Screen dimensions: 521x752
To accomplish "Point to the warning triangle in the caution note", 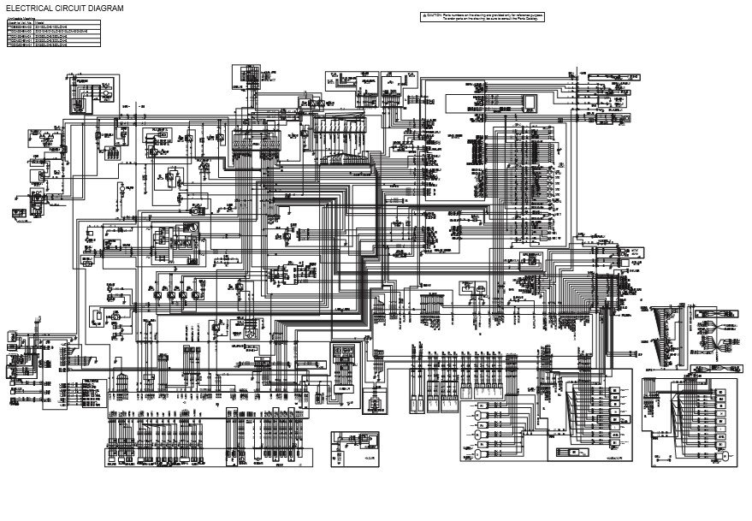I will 424,15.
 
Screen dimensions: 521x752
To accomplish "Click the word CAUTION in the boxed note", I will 435,15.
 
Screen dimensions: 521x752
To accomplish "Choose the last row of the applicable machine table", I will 51,45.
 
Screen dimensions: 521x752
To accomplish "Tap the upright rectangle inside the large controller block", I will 530,103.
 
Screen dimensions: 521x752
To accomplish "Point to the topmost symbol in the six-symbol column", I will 481,404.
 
